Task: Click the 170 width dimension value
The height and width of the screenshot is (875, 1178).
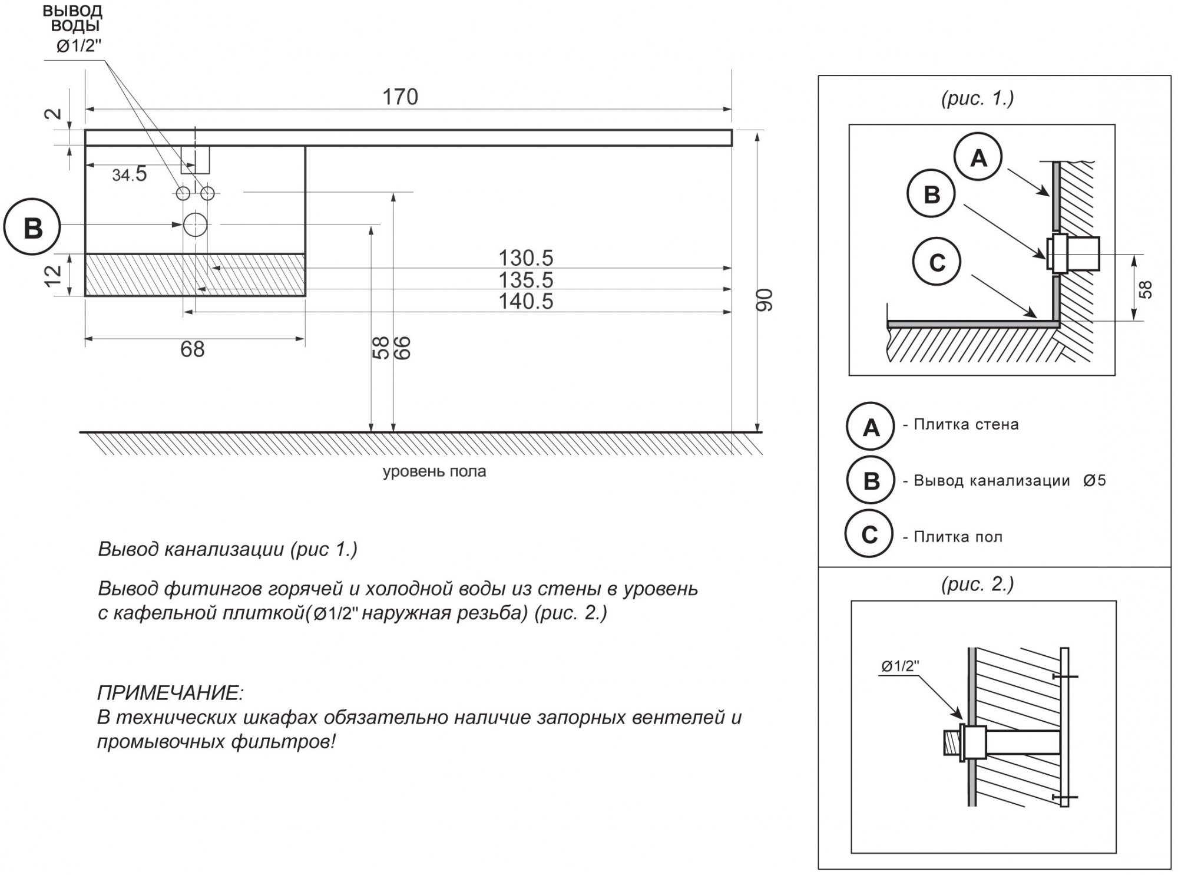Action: pos(400,97)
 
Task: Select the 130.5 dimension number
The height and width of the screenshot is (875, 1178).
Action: pos(526,258)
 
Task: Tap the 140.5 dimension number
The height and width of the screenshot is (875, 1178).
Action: pos(526,302)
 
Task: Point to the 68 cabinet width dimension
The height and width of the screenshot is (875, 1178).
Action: pos(193,349)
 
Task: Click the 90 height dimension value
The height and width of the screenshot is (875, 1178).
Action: pos(764,300)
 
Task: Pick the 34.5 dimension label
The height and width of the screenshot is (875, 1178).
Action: pos(130,174)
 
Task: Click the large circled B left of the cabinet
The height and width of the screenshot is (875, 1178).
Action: pos(32,227)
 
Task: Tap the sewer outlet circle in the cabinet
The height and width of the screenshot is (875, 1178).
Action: pos(196,224)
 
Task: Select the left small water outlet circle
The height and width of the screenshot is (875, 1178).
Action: pos(183,193)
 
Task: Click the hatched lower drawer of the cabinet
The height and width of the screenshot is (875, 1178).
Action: pos(195,275)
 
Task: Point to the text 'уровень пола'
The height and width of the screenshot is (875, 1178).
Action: pos(434,472)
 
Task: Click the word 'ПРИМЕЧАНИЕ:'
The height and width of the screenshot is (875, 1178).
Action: pos(170,693)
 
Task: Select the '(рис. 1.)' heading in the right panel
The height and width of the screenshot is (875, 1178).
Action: pos(978,98)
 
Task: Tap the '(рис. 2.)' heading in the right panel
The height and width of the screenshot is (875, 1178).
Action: pos(978,584)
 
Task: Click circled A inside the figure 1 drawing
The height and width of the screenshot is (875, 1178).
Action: pos(978,157)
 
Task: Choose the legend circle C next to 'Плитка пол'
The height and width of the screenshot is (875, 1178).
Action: pos(869,534)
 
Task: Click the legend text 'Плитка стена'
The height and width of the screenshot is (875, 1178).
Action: pos(966,425)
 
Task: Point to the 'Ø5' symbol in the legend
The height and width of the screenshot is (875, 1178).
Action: pos(1094,481)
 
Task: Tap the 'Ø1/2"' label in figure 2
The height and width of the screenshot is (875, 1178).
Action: pos(900,666)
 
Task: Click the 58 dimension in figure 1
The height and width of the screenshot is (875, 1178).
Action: pos(1145,289)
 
